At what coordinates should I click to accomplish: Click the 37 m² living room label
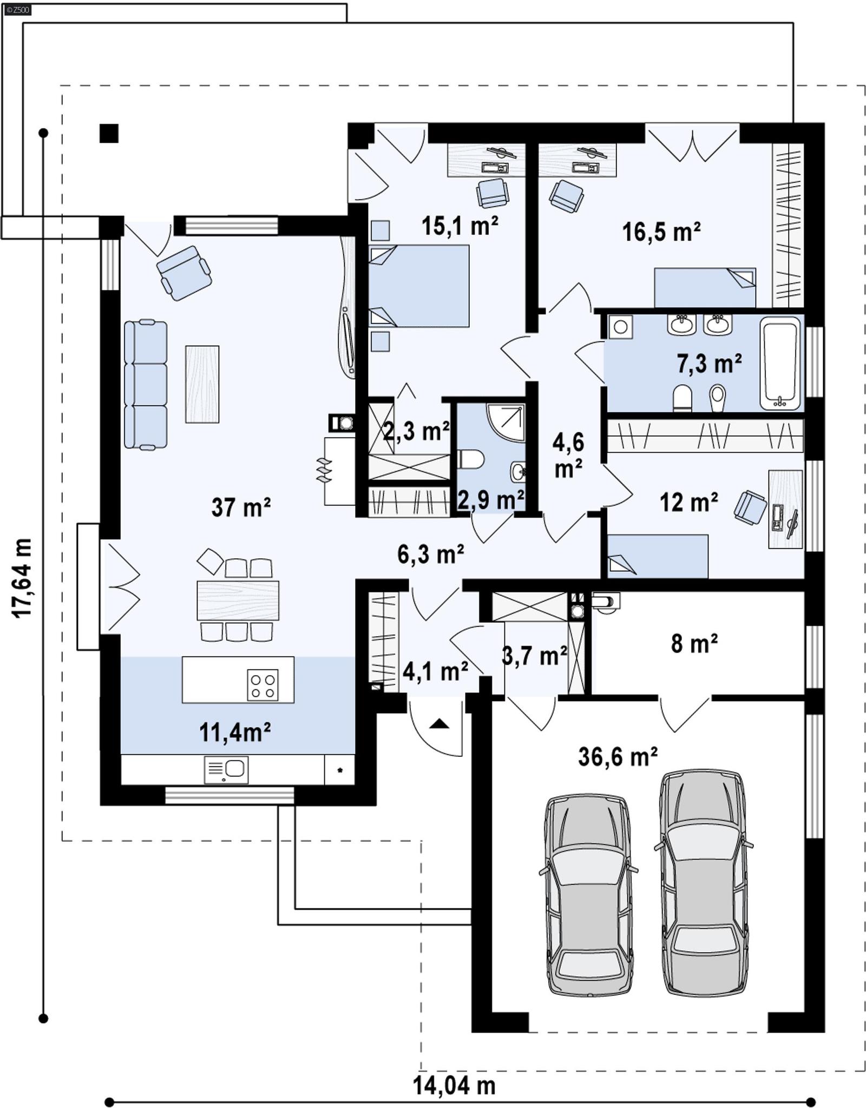click(x=241, y=507)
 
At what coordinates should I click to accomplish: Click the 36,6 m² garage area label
click(x=618, y=756)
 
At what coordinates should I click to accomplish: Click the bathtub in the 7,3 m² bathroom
click(x=779, y=362)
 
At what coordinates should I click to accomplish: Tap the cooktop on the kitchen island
click(x=263, y=685)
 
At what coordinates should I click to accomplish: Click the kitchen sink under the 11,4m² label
click(x=226, y=770)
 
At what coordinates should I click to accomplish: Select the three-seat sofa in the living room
click(x=145, y=385)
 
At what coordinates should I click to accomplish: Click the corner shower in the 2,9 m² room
click(x=506, y=422)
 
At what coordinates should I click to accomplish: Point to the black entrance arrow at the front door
click(x=439, y=723)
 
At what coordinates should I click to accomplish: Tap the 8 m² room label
click(x=694, y=644)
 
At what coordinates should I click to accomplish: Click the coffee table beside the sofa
click(x=202, y=384)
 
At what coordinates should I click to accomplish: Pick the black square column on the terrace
click(x=109, y=133)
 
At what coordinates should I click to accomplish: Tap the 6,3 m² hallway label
click(x=430, y=555)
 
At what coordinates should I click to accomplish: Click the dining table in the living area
click(x=238, y=600)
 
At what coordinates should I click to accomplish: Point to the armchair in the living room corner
click(x=183, y=272)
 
